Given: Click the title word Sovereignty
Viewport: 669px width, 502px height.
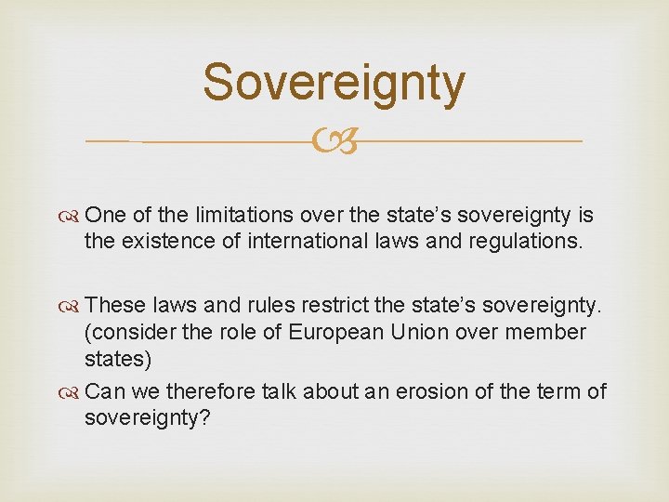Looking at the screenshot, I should pyautogui.click(x=334, y=82).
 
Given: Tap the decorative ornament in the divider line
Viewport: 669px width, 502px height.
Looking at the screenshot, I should pyautogui.click(x=334, y=141).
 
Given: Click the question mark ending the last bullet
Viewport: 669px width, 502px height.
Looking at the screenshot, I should pyautogui.click(x=207, y=419).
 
